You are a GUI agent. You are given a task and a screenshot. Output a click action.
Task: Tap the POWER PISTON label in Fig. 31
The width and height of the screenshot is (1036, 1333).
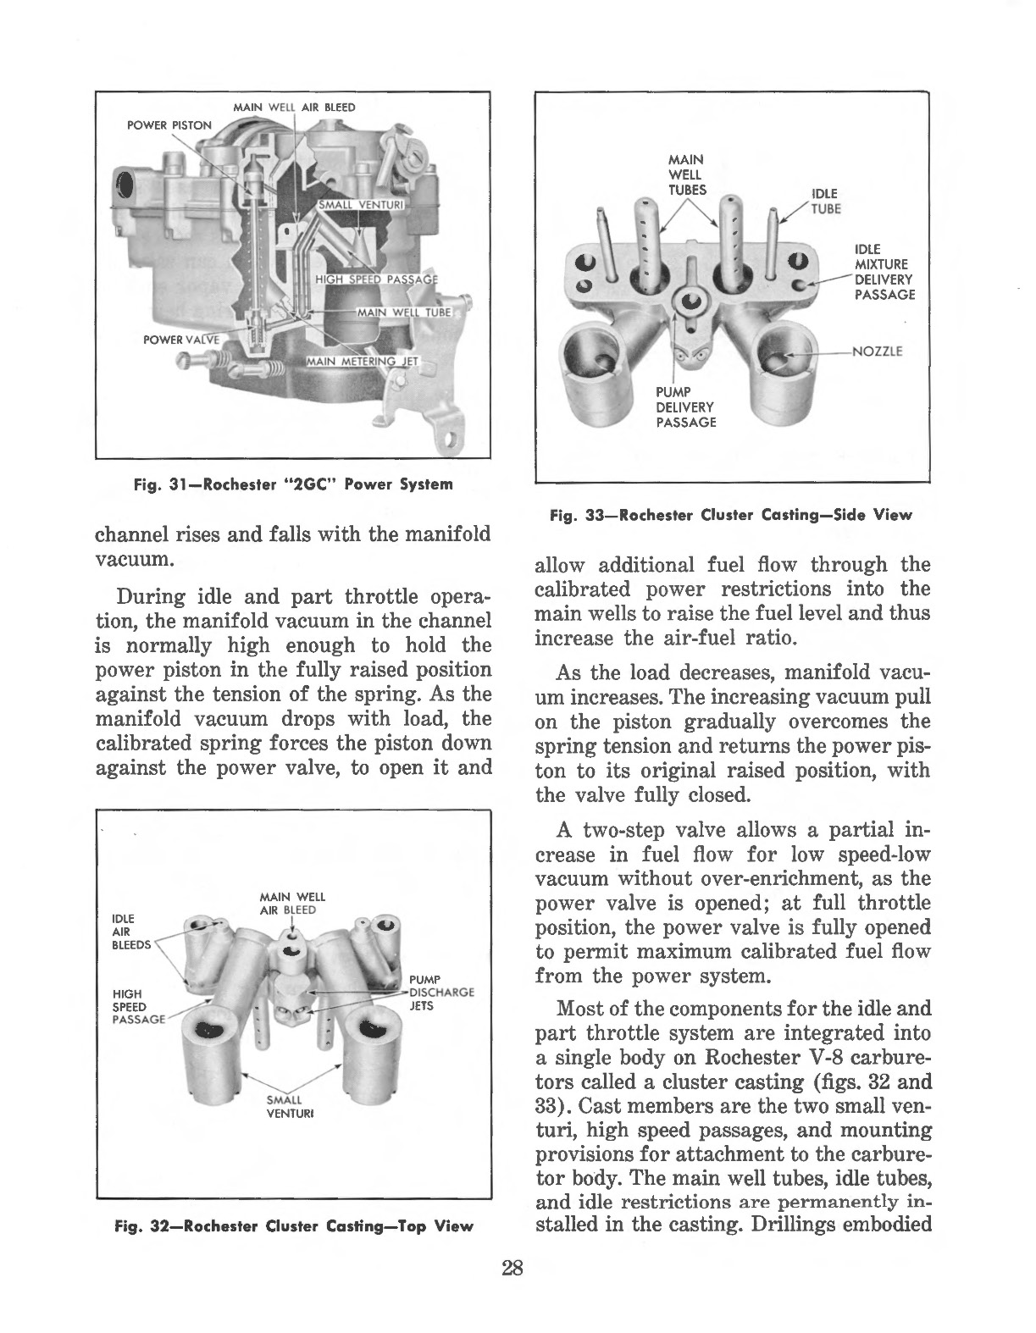click(x=169, y=124)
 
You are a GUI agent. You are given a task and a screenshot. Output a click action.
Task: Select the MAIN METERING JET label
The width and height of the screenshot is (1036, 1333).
click(x=368, y=362)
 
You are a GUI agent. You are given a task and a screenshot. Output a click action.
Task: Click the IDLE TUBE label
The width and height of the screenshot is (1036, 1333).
click(x=823, y=202)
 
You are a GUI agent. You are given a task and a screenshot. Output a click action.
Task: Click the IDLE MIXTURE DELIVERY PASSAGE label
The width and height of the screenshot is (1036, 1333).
click(x=884, y=272)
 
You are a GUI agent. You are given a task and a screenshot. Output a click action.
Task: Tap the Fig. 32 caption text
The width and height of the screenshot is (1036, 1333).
click(x=293, y=1225)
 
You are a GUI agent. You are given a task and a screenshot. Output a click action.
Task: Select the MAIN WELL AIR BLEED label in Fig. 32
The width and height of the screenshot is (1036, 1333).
click(x=287, y=903)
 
